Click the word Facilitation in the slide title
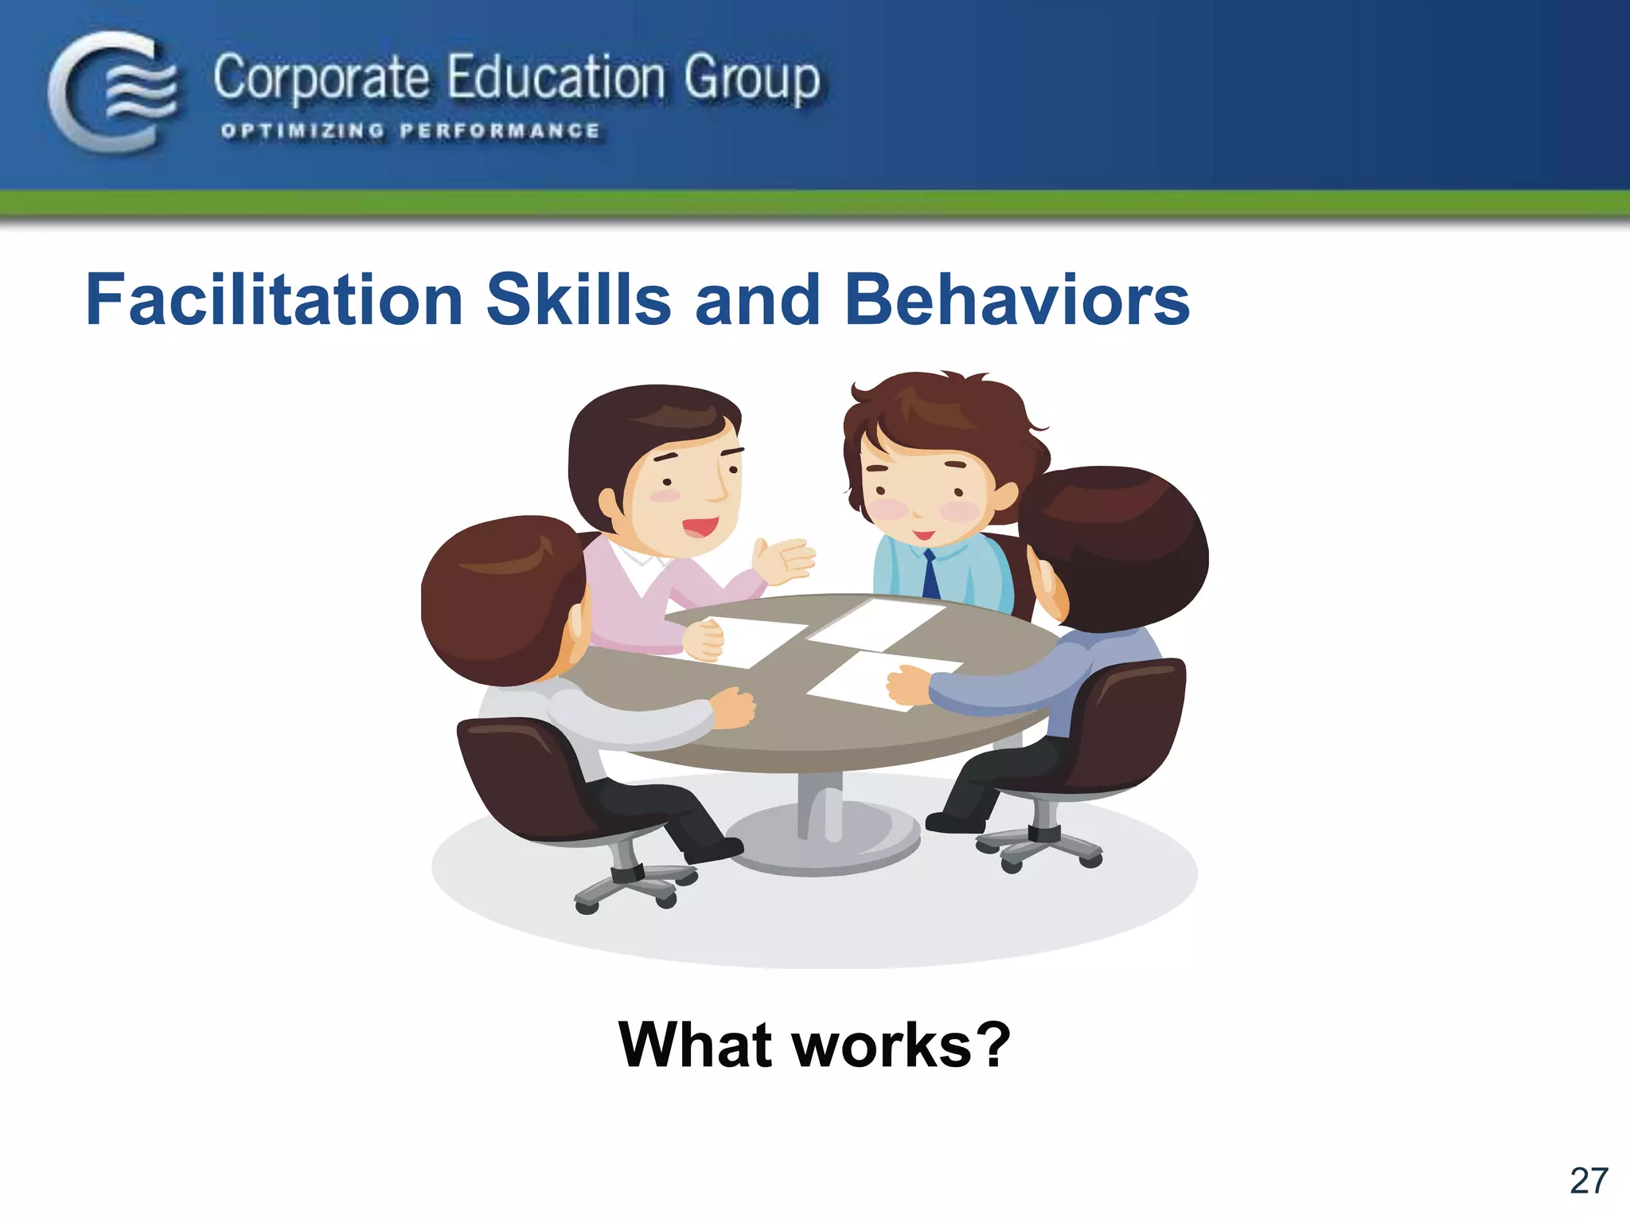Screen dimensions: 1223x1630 274,299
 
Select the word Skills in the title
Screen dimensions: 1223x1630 579,299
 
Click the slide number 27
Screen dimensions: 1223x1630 1589,1180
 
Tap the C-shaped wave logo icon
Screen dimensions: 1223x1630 111,91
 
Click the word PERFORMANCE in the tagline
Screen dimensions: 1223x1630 500,131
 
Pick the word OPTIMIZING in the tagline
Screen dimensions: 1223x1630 302,131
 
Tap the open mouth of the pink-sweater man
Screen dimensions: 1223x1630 700,526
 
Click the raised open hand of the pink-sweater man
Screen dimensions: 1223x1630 784,558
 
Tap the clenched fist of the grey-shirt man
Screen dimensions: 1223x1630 733,705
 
